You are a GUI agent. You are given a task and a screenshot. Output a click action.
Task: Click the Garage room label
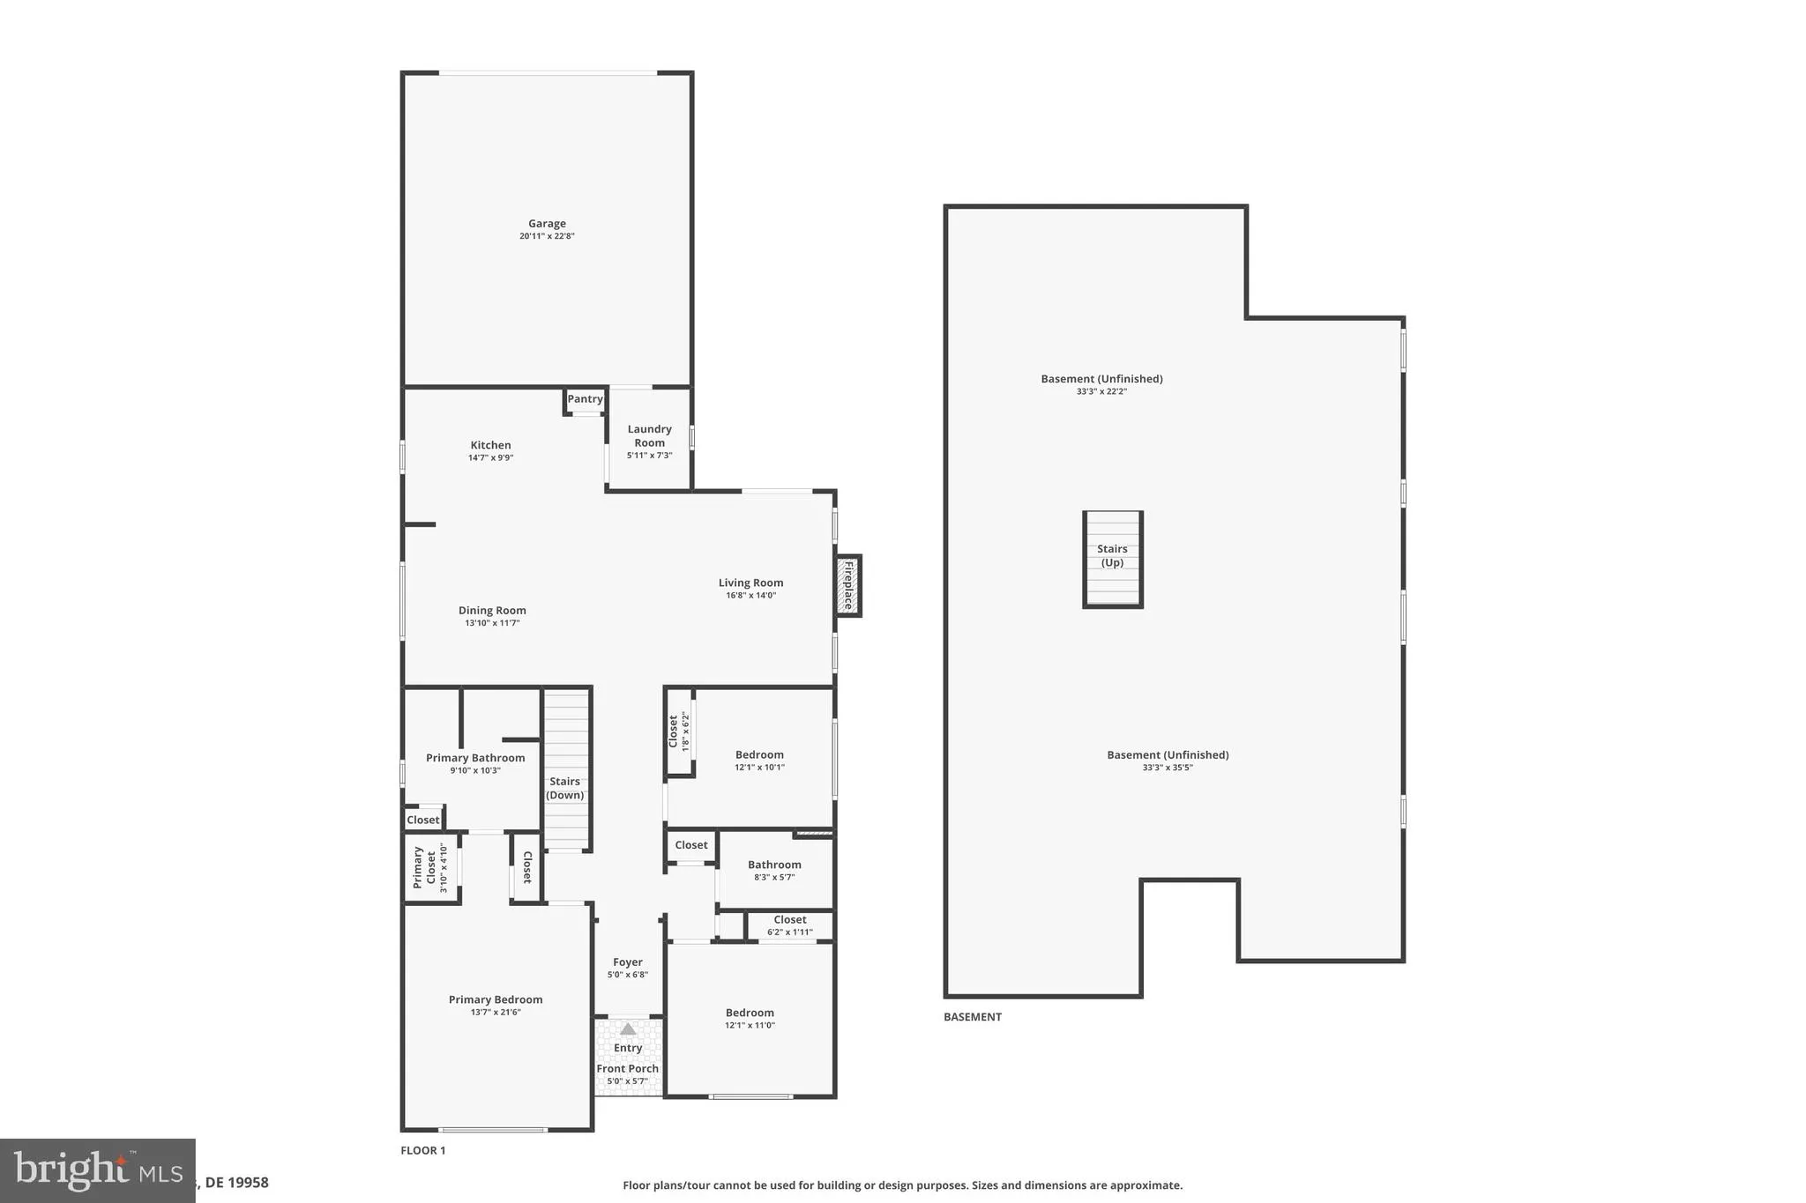[x=547, y=224]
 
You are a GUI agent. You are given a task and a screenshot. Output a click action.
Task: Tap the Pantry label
[x=585, y=399]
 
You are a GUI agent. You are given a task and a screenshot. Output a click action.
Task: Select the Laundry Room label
[x=649, y=436]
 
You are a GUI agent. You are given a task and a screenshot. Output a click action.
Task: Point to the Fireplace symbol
[x=848, y=585]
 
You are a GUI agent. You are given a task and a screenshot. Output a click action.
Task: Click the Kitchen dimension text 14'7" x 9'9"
[x=490, y=458]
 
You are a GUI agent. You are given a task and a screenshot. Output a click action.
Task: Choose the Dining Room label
[x=492, y=611]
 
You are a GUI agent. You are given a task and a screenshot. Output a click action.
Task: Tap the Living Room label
[x=750, y=583]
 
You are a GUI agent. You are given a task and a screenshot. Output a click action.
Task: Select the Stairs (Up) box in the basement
[x=1113, y=559]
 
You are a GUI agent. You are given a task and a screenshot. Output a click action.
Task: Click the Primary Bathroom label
[x=475, y=758]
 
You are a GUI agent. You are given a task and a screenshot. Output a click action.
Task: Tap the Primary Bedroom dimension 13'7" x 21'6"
[x=496, y=1013]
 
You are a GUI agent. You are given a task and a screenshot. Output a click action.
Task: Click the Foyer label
[x=628, y=962]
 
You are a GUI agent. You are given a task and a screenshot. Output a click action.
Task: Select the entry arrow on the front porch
[x=627, y=1028]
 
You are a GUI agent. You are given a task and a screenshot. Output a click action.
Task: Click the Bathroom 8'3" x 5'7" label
[x=774, y=865]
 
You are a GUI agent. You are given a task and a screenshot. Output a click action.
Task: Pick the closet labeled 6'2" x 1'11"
[x=789, y=925]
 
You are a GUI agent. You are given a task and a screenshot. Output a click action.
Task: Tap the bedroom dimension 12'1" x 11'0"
[x=750, y=1026]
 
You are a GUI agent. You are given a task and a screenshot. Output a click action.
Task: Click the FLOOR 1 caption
[x=423, y=1150]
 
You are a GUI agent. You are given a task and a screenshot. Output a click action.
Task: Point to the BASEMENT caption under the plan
[x=973, y=1017]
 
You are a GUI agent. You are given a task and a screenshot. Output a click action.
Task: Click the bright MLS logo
[x=97, y=1170]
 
